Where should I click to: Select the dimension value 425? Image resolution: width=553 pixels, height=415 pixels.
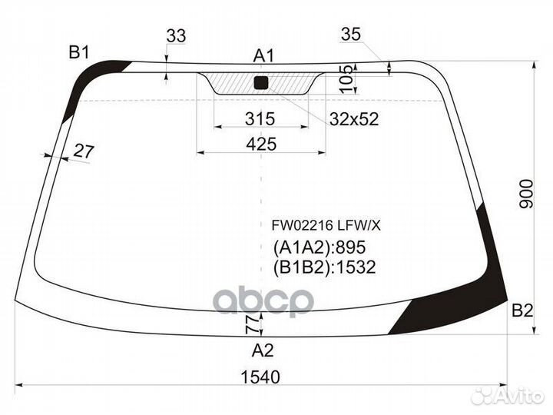coord(261,143)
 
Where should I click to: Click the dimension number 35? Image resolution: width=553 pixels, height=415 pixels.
coord(350,34)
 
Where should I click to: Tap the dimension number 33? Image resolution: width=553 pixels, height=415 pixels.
coord(176,36)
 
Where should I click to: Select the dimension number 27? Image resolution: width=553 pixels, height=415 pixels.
coord(83,151)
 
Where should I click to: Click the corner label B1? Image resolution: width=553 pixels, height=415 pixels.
coord(79,52)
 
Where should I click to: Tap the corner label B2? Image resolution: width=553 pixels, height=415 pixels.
coord(522,310)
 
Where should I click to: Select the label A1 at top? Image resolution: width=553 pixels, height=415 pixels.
coord(263,55)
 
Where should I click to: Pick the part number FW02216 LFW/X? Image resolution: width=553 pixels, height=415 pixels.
coord(326,225)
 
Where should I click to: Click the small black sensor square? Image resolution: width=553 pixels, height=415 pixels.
coord(260,82)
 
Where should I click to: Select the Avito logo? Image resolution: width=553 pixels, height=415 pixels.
coord(508,396)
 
